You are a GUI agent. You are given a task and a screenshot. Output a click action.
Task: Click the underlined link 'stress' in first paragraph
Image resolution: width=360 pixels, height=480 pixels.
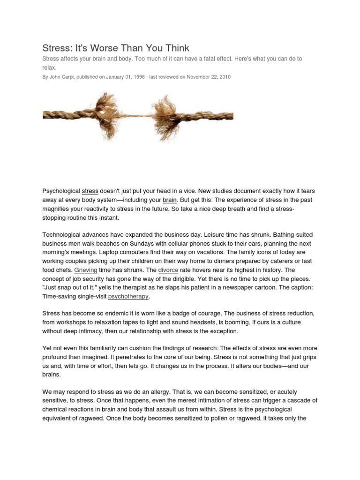[90, 191]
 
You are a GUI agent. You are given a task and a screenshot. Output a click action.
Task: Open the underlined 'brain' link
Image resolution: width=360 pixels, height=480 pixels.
[169, 200]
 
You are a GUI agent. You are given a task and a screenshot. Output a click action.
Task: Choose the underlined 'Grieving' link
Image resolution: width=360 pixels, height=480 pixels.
[86, 270]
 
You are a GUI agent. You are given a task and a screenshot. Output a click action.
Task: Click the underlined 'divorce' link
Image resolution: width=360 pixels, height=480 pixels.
[168, 270]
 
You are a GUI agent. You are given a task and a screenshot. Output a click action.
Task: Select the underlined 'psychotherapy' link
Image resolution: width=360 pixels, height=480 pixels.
[128, 296]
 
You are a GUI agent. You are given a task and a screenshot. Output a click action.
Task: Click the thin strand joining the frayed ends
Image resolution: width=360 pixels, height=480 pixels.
[136, 115]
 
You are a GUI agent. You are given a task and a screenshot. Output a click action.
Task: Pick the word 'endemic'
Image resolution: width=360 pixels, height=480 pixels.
[110, 314]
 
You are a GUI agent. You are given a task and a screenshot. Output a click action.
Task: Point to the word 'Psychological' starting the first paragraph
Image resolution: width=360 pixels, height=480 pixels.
[61, 191]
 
